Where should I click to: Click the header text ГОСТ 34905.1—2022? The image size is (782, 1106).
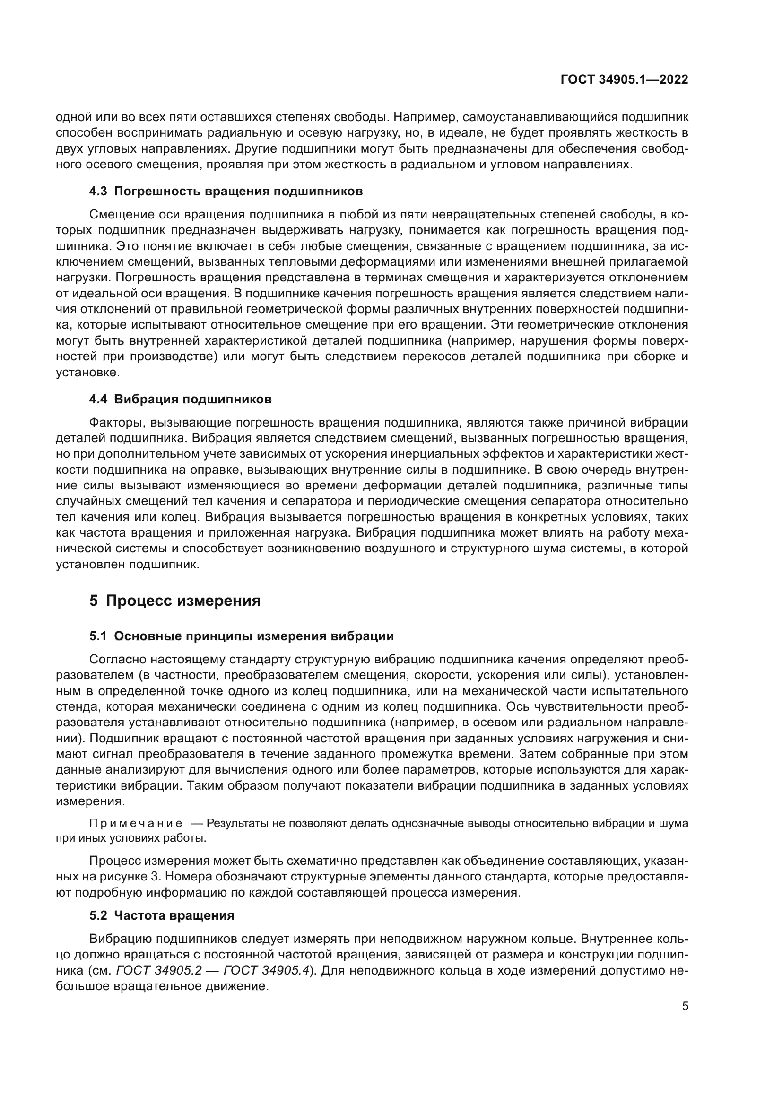[x=624, y=80]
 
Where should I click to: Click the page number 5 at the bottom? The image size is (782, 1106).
[x=685, y=1006]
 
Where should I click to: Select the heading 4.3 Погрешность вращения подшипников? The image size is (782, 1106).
[x=226, y=191]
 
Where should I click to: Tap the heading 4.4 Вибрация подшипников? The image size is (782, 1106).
[x=180, y=400]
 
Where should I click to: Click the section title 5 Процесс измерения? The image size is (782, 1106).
[x=175, y=601]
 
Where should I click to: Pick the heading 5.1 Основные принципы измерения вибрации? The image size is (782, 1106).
[x=241, y=636]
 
